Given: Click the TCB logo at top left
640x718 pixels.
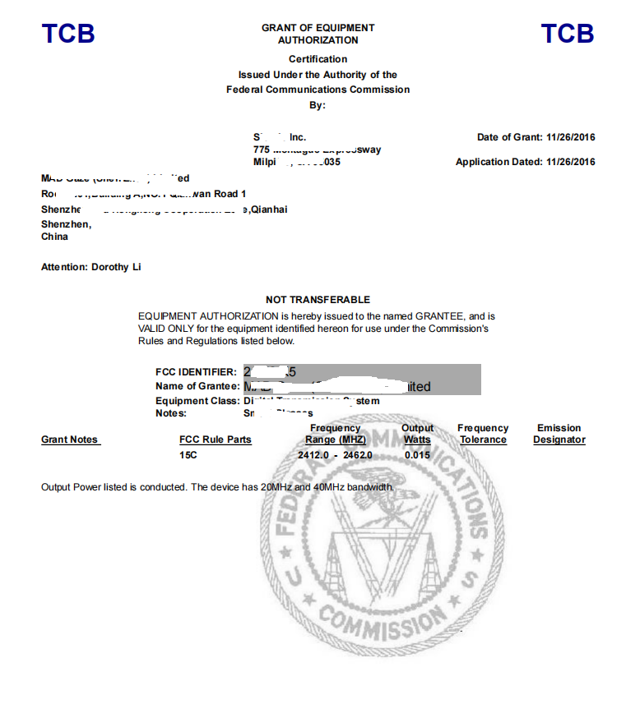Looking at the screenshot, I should tap(68, 34).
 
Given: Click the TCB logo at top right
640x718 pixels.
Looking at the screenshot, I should tap(567, 34).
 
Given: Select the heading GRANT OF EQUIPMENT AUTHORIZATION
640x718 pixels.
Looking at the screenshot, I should tap(318, 34).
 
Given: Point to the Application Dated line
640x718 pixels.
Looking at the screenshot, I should tap(525, 162).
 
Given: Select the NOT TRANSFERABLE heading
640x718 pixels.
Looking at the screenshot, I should tap(318, 300).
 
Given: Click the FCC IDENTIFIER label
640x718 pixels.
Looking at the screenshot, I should tap(196, 372).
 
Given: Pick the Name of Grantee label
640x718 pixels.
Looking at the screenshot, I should tap(197, 386).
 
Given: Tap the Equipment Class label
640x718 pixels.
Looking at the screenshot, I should tap(197, 401).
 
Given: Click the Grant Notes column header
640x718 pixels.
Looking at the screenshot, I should tap(70, 440).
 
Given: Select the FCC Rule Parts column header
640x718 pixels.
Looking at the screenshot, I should tap(216, 440).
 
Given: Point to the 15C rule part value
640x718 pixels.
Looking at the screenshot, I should tap(188, 454).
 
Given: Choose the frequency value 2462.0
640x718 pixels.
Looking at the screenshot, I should tap(358, 454).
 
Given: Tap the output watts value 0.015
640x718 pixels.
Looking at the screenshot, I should tap(417, 454).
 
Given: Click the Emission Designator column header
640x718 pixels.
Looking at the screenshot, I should tap(559, 434).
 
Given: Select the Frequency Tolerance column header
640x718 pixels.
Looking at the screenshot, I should tap(483, 434).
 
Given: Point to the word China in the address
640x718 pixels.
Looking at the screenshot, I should tap(54, 237).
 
